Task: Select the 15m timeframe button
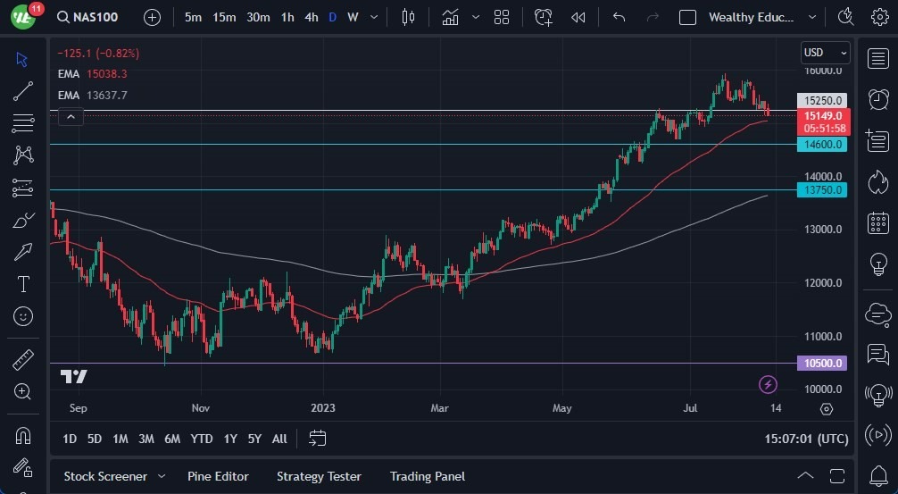click(x=224, y=17)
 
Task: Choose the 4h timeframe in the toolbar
click(x=311, y=17)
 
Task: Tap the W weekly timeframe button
click(x=353, y=17)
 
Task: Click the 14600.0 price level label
click(x=822, y=144)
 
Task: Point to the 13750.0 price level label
click(x=822, y=189)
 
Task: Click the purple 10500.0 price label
click(x=822, y=364)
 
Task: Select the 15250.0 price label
click(x=822, y=101)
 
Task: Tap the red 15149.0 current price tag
click(x=822, y=116)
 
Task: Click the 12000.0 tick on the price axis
click(x=822, y=283)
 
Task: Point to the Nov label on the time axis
click(x=200, y=408)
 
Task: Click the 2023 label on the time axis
click(x=323, y=408)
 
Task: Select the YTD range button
click(x=202, y=439)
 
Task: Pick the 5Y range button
click(x=254, y=439)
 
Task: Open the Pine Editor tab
click(x=218, y=476)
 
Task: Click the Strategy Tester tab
click(x=319, y=476)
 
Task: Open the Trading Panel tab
click(x=427, y=476)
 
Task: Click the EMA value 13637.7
click(x=106, y=95)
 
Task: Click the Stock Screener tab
click(x=105, y=476)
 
